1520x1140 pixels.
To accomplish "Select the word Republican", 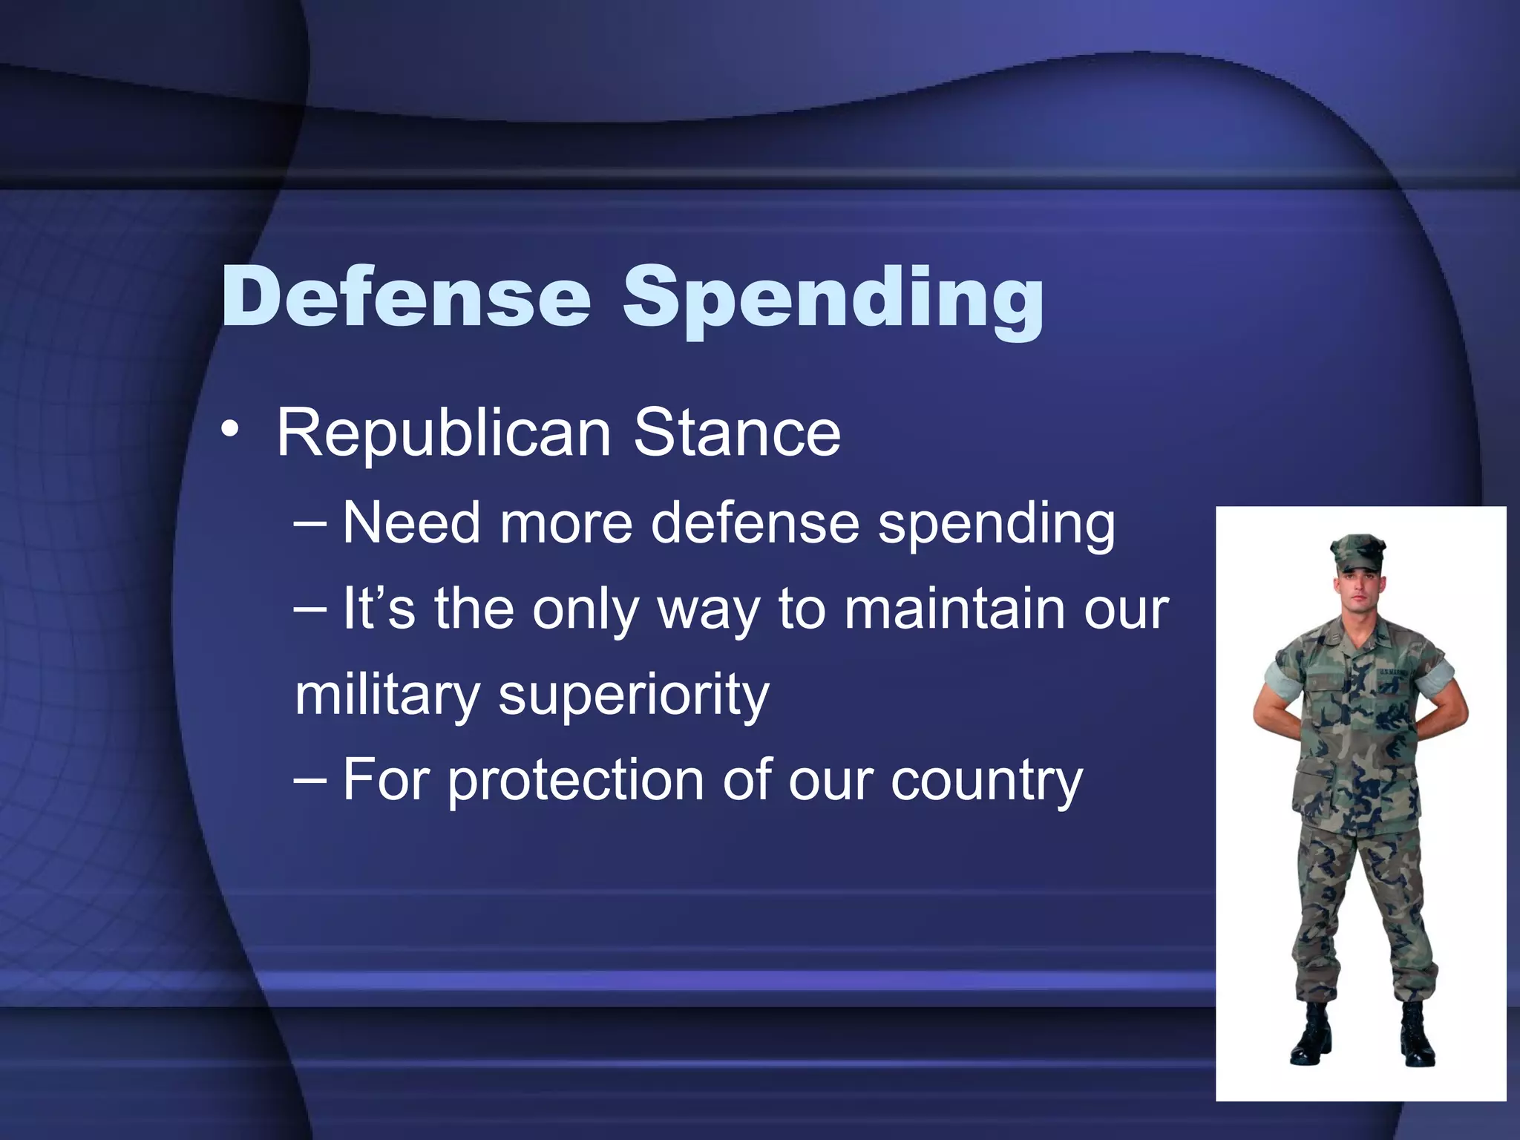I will tap(443, 435).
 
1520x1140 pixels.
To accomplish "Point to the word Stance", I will tap(736, 433).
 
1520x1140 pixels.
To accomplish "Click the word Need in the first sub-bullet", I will tap(411, 522).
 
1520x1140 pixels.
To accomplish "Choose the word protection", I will tap(575, 781).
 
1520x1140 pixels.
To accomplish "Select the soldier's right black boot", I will tap(1311, 1036).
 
